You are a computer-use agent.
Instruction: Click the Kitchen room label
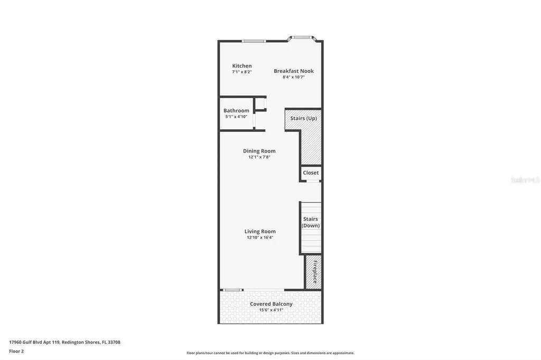pyautogui.click(x=242, y=66)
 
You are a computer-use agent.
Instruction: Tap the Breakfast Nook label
pyautogui.click(x=294, y=71)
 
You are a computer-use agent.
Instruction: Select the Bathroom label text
pyautogui.click(x=236, y=111)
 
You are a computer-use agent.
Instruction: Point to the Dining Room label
pyautogui.click(x=259, y=151)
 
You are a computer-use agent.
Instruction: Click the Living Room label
pyautogui.click(x=260, y=231)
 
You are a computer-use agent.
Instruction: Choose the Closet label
pyautogui.click(x=311, y=173)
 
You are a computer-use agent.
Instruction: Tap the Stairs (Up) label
pyautogui.click(x=304, y=118)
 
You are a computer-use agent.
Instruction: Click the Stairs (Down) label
pyautogui.click(x=311, y=222)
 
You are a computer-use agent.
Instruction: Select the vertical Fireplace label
pyautogui.click(x=315, y=272)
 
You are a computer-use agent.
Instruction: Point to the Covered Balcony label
pyautogui.click(x=271, y=304)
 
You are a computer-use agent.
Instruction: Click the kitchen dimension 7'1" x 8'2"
pyautogui.click(x=242, y=72)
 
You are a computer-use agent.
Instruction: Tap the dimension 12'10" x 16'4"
pyautogui.click(x=260, y=238)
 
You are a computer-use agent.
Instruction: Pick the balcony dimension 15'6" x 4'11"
pyautogui.click(x=271, y=310)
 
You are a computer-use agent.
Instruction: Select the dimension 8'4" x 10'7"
pyautogui.click(x=294, y=77)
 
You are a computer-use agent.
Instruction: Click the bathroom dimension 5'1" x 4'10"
pyautogui.click(x=236, y=117)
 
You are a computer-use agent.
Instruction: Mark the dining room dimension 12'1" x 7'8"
pyautogui.click(x=259, y=157)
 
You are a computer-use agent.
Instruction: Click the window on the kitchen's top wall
pyautogui.click(x=254, y=41)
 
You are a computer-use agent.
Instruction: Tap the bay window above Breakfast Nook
pyautogui.click(x=302, y=37)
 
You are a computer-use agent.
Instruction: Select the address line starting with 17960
pyautogui.click(x=64, y=342)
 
